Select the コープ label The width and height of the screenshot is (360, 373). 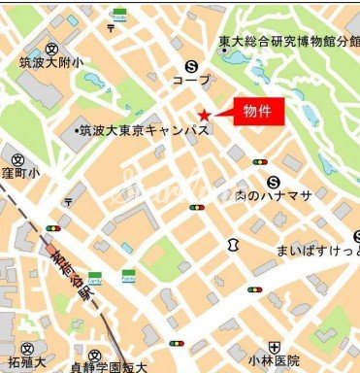[190, 82]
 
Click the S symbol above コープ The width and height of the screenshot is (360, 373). [192, 66]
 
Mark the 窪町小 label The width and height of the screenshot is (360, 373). [19, 174]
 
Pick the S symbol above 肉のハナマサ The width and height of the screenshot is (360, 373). [275, 181]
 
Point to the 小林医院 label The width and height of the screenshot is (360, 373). [276, 363]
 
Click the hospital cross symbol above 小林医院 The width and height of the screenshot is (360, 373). [276, 347]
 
